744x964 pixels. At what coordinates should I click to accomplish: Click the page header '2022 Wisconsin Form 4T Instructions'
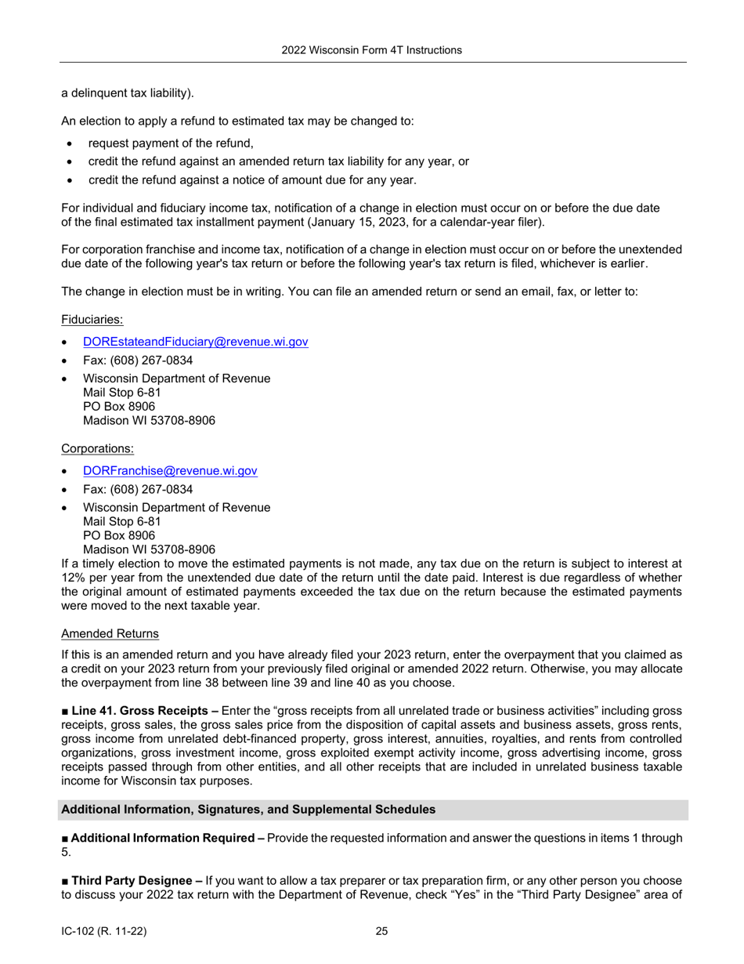(x=371, y=50)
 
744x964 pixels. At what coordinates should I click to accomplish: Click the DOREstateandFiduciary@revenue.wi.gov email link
(x=195, y=342)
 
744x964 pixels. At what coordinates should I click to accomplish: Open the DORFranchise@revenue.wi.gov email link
(x=170, y=471)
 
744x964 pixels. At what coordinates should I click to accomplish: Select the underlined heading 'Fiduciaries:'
(x=92, y=320)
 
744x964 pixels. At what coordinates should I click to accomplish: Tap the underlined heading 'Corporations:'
(x=97, y=448)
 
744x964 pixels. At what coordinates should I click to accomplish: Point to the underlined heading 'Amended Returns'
(x=110, y=633)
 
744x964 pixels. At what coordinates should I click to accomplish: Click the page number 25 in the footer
(x=381, y=931)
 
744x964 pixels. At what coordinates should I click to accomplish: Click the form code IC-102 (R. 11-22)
(x=103, y=931)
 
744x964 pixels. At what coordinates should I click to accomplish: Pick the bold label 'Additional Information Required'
(x=163, y=838)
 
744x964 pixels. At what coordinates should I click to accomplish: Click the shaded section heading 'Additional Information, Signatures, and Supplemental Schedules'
(x=248, y=809)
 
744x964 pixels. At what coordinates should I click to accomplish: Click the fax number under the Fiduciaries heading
(x=138, y=361)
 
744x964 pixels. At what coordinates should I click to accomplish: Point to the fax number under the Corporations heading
(x=138, y=489)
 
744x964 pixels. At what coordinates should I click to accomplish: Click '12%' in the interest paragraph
(x=73, y=577)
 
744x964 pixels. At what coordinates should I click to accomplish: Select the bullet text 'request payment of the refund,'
(x=171, y=143)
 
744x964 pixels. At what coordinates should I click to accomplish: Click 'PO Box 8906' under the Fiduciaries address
(x=119, y=407)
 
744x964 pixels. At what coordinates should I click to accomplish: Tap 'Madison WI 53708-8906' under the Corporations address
(x=149, y=549)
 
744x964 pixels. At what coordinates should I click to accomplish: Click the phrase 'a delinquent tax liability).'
(x=127, y=93)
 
